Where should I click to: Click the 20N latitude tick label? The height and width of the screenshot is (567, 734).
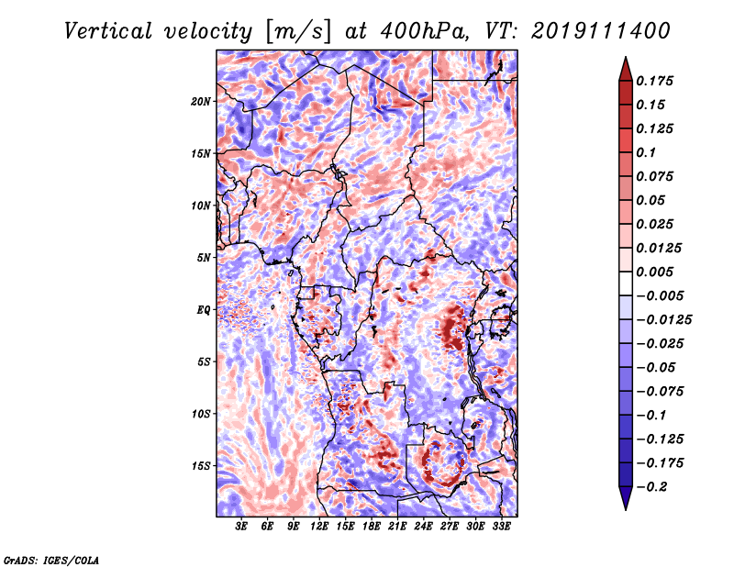click(200, 102)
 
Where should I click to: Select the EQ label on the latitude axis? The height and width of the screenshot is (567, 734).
click(204, 310)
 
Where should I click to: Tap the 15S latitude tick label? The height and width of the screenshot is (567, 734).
click(200, 466)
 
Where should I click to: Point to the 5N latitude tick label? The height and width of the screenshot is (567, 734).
click(204, 258)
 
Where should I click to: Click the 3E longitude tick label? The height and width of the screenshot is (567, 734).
click(241, 527)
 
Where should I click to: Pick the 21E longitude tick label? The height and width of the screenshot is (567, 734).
click(397, 527)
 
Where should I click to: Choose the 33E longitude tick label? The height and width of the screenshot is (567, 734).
click(501, 527)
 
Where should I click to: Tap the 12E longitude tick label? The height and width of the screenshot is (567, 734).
click(318, 527)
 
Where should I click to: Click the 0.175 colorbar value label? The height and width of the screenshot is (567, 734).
click(654, 81)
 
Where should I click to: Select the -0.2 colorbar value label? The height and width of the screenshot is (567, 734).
click(651, 487)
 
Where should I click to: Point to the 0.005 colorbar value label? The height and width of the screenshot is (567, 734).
click(654, 272)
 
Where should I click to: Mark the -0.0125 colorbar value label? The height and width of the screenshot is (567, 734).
click(663, 320)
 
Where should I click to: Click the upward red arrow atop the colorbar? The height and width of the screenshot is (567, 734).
click(626, 70)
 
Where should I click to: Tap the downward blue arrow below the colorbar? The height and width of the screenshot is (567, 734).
click(626, 498)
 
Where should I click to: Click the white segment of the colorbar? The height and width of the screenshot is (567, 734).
click(626, 283)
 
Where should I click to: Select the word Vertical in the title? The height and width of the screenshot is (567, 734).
click(108, 31)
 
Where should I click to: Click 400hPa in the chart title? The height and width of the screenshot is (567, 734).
click(424, 31)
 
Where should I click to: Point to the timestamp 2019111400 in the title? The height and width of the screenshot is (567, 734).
click(601, 31)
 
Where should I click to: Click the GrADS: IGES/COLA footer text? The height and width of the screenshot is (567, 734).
click(51, 560)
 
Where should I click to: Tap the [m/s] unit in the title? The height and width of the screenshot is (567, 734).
click(298, 32)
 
